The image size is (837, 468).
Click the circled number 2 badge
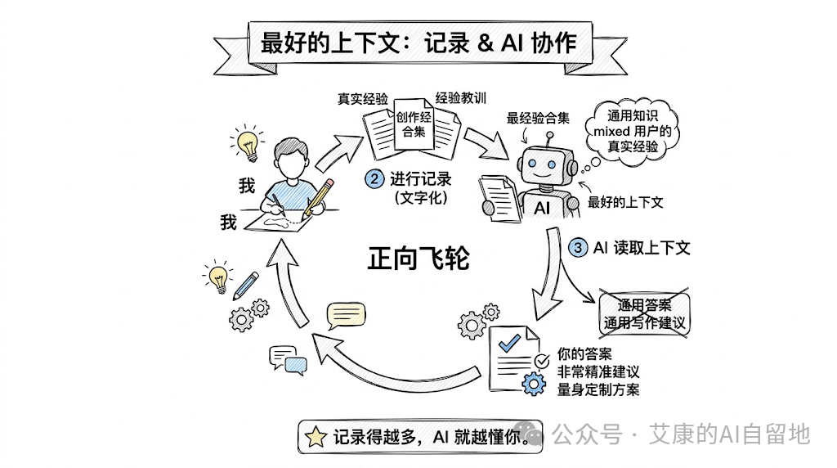tap(375, 178)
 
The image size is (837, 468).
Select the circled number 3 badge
tap(578, 246)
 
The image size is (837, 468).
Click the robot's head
tap(544, 160)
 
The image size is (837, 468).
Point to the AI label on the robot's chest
tap(542, 208)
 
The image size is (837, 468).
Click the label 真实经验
tap(363, 99)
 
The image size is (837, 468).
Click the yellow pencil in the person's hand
tap(319, 198)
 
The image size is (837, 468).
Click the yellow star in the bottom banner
tap(314, 438)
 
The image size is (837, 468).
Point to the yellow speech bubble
tap(342, 315)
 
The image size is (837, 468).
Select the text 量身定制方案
tap(598, 389)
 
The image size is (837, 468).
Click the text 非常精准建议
tap(598, 371)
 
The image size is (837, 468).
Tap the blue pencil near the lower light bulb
tap(246, 285)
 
